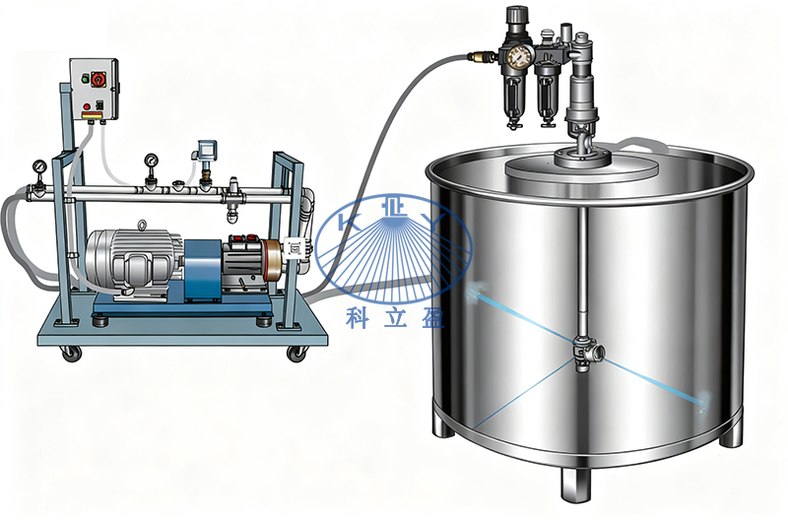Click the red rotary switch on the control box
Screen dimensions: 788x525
(98, 79)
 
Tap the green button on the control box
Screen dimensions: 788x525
(85, 79)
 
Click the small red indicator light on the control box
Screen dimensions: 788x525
(87, 106)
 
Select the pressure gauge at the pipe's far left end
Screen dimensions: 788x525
(38, 165)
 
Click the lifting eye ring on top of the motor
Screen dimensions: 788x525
(142, 226)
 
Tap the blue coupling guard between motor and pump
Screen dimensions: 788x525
(203, 270)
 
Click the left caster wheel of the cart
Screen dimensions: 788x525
(71, 354)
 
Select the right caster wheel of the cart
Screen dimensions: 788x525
(296, 354)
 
